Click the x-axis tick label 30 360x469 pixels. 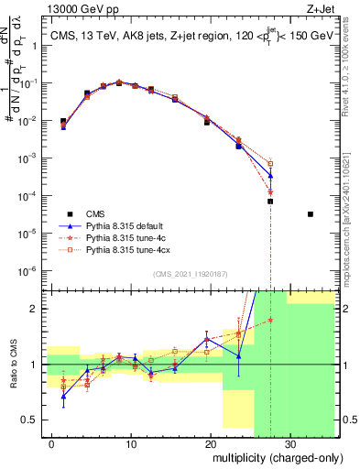[289, 442]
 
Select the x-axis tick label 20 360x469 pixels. [210, 442]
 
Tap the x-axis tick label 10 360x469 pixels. [131, 442]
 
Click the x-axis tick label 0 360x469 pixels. [52, 442]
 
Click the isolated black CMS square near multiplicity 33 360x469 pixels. [311, 214]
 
